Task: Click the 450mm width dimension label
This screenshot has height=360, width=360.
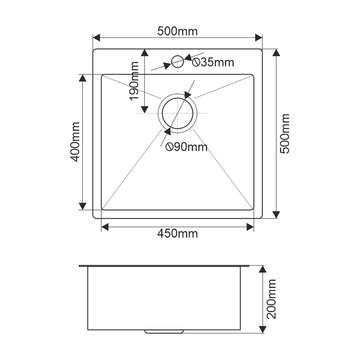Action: click(x=177, y=234)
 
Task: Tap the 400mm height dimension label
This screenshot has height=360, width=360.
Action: click(x=75, y=142)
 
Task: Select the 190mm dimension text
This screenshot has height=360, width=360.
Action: click(x=134, y=81)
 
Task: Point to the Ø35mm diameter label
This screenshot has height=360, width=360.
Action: click(x=213, y=62)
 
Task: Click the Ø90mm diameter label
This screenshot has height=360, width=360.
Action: click(x=186, y=147)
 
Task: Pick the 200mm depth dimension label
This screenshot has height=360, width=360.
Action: click(x=271, y=299)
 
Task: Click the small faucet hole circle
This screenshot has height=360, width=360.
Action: click(x=177, y=62)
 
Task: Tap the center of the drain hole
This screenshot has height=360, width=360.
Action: click(x=177, y=113)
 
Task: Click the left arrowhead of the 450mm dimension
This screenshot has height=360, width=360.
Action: click(x=105, y=227)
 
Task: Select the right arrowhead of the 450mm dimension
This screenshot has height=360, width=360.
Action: click(x=250, y=227)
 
